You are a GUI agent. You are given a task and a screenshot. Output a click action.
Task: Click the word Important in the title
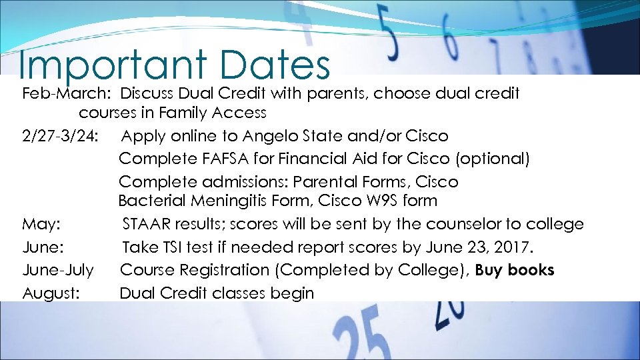(x=113, y=65)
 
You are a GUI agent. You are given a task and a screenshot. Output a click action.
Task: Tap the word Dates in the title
(x=274, y=65)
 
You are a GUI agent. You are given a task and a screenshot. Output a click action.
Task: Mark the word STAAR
(x=149, y=224)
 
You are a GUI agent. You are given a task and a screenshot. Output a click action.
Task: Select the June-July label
(x=58, y=270)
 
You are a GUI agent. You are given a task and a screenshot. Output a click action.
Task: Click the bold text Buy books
(x=514, y=270)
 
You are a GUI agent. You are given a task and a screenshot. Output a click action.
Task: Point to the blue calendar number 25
(x=364, y=337)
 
